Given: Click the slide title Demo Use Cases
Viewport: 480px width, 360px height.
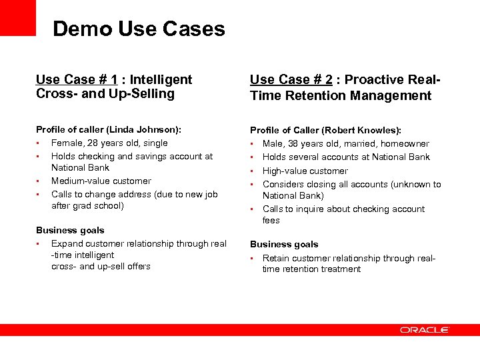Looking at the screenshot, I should tap(139, 29).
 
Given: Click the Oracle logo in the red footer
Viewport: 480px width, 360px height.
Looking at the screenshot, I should tap(425, 330).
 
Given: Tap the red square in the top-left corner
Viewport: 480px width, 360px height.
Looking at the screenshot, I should tap(18, 17).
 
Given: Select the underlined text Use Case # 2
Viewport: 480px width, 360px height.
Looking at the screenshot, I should tap(289, 80).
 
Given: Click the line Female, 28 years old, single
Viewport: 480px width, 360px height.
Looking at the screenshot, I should tap(109, 143).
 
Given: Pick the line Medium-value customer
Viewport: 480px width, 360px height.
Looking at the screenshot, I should tap(101, 181).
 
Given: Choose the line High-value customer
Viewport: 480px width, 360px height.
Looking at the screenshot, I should tap(305, 171).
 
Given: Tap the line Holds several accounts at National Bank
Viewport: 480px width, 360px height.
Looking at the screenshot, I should tap(346, 157).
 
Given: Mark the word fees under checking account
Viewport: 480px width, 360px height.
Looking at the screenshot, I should tap(271, 221).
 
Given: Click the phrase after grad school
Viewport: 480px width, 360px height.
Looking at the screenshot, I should tap(87, 206).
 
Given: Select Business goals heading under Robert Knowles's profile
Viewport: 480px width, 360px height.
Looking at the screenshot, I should tap(284, 244).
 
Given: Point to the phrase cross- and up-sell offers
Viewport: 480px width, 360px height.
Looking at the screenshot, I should tap(101, 267).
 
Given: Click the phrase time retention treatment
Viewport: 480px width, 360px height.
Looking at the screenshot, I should tap(311, 269).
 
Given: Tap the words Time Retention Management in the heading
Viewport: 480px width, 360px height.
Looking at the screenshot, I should tap(341, 95).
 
